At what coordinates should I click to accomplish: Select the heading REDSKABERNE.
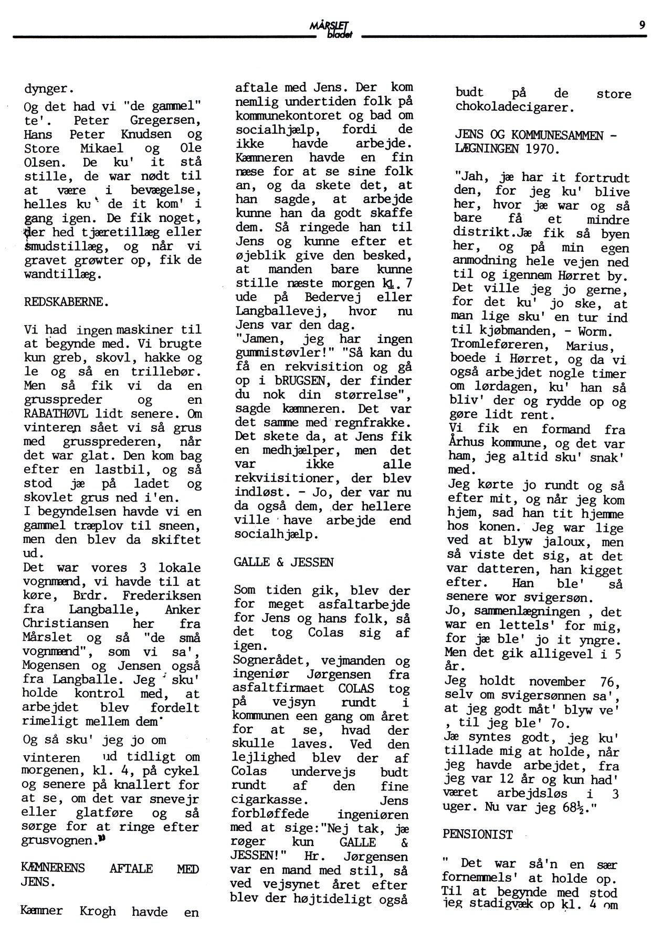67,302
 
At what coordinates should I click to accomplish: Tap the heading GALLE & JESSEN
283,562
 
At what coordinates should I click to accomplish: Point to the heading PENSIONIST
477,834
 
